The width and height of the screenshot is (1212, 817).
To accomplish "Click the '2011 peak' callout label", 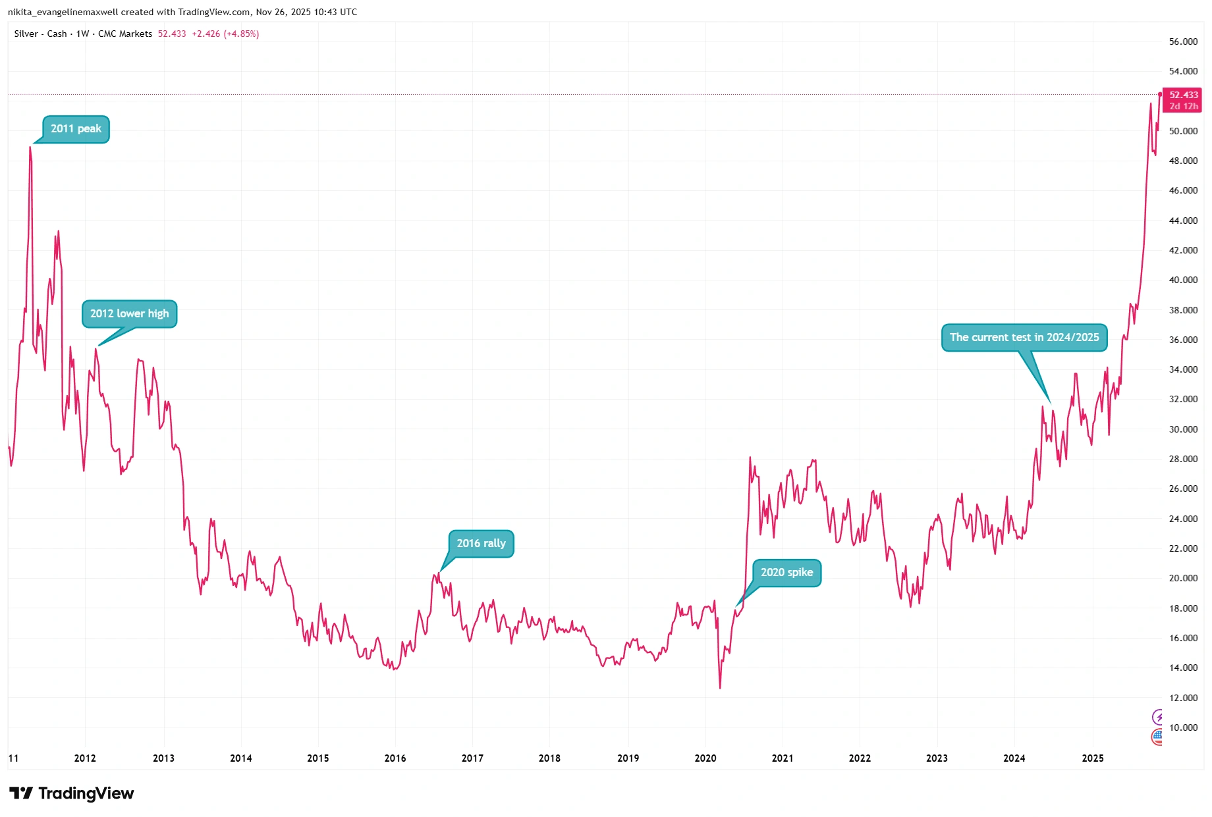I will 76,129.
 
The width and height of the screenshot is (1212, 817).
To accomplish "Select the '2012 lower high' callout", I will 129,314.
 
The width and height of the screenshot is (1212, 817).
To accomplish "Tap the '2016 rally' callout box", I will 481,544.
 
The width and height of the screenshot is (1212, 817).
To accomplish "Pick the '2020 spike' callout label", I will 786,573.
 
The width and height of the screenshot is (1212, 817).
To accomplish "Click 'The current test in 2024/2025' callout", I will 1024,338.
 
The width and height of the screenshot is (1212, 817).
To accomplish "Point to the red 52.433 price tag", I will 1183,95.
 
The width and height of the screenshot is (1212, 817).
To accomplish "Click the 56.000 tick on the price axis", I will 1183,41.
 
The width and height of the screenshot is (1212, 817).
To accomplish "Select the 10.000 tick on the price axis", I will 1183,727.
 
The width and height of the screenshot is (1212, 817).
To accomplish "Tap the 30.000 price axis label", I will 1183,429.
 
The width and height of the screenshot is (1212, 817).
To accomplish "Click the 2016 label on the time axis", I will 395,758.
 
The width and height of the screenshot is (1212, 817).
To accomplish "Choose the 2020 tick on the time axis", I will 705,758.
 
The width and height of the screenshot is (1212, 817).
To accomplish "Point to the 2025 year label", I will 1092,758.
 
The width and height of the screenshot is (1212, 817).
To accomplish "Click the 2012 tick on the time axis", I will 85,758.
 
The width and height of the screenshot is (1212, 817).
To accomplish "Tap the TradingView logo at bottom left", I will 71,793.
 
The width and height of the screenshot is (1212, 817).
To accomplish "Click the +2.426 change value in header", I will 206,34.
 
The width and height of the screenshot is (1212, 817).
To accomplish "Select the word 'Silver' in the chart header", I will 26,34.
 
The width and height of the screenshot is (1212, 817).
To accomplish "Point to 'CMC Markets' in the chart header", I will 125,34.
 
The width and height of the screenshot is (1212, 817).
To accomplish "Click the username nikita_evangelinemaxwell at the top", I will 63,12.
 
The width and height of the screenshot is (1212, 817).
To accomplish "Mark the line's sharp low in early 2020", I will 720,688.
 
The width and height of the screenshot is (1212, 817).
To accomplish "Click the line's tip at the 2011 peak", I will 30,147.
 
